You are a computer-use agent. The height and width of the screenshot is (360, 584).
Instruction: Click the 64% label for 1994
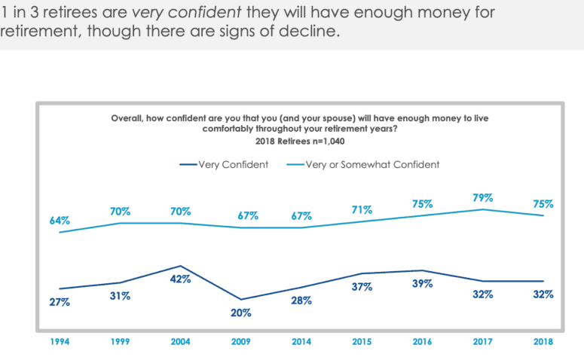(60, 221)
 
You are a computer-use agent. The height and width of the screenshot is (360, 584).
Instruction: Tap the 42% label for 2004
(180, 279)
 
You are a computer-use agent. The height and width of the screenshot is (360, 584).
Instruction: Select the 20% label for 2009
(240, 313)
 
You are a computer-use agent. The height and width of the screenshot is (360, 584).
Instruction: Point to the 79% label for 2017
(483, 197)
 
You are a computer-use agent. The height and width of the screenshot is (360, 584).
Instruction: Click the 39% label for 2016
(422, 284)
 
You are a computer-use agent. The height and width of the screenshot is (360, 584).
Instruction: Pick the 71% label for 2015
(362, 209)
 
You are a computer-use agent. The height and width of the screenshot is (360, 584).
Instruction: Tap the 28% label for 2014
(301, 301)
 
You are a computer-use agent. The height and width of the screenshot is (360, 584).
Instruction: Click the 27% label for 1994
(60, 302)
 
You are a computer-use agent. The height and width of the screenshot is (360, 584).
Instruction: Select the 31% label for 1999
(121, 296)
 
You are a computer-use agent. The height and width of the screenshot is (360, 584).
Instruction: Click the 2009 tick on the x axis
(240, 341)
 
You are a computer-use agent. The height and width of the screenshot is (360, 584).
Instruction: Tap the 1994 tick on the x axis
(60, 341)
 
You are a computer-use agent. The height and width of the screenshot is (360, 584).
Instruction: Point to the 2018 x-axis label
(543, 341)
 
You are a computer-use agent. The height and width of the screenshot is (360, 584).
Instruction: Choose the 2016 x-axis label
(422, 341)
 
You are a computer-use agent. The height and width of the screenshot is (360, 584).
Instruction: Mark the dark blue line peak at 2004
(180, 266)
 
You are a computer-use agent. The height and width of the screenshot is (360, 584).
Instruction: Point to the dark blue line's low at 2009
(240, 300)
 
